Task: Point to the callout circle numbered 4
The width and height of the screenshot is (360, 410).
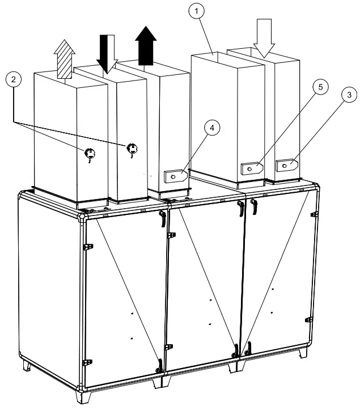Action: [211, 128]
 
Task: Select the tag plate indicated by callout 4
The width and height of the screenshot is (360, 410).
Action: [176, 175]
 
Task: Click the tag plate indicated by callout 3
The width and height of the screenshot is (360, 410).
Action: [287, 165]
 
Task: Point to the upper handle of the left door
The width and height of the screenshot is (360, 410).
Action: [162, 217]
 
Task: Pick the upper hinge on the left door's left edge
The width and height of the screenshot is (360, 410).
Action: [87, 247]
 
